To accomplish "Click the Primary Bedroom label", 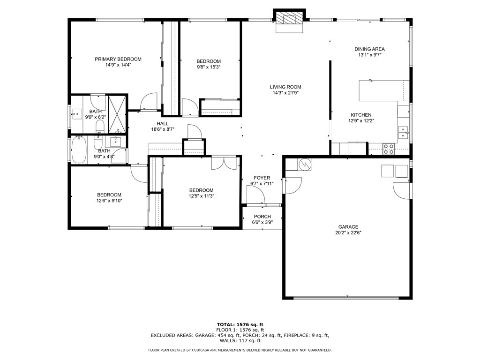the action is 118,59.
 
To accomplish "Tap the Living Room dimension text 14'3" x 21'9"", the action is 285,93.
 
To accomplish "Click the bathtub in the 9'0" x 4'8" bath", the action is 79,150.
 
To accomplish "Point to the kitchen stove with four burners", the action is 389,149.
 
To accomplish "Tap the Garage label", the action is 348,227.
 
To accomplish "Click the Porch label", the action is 262,217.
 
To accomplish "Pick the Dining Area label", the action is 369,49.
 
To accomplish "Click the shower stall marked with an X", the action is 117,114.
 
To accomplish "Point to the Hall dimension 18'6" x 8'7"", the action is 163,129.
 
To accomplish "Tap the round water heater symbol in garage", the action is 305,164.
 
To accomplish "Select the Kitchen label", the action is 361,115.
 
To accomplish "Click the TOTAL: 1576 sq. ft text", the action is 240,324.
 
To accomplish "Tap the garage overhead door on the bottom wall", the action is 346,297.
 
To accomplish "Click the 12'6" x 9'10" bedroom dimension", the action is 109,201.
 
